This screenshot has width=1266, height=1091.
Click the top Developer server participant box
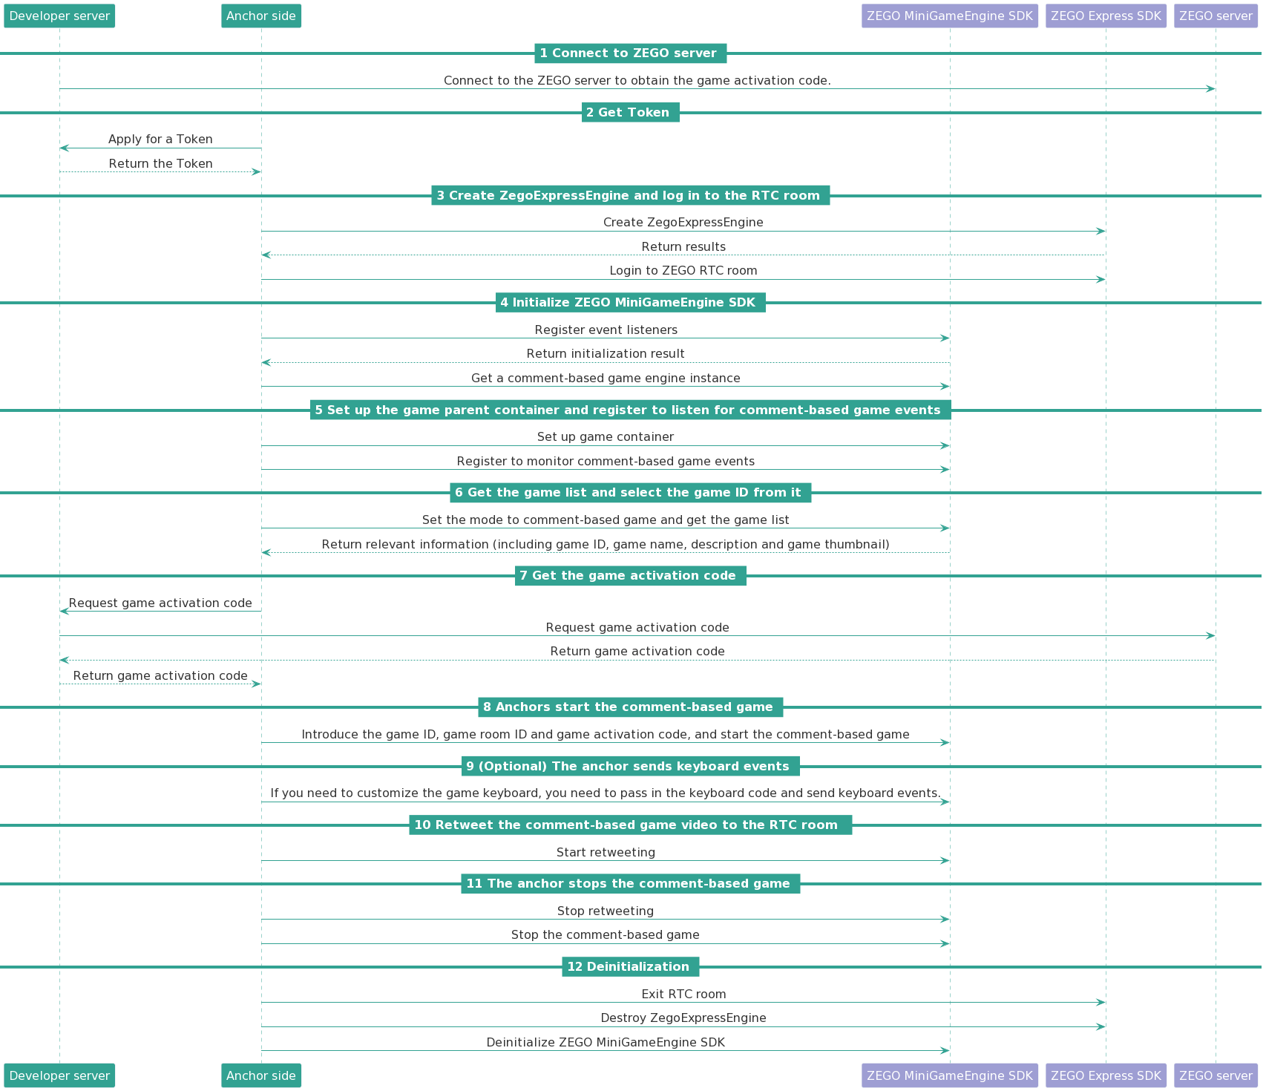tap(59, 16)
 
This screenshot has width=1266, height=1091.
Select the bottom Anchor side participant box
tap(261, 1075)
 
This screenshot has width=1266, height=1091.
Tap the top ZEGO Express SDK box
tap(1106, 16)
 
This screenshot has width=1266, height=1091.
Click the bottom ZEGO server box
tap(1216, 1075)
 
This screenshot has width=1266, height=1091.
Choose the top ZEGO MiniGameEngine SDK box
tap(950, 16)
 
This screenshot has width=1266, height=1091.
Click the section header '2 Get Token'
tap(631, 113)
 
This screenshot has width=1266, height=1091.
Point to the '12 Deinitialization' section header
tap(631, 967)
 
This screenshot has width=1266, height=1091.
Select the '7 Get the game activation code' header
tap(631, 576)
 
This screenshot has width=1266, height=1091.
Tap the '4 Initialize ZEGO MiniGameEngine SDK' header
tap(631, 303)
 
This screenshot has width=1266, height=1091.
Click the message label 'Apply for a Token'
tap(160, 140)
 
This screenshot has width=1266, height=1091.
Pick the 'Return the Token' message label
tap(160, 164)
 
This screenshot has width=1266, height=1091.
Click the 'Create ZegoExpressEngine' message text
tap(683, 223)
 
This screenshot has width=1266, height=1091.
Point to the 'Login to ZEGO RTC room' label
tap(683, 271)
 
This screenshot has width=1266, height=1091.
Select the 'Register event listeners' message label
tap(606, 330)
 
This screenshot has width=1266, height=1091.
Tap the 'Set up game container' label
tap(606, 437)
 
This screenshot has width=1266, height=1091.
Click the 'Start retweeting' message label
tap(606, 853)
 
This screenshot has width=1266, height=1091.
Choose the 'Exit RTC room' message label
tap(683, 995)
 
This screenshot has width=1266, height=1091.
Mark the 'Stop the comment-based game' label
tap(606, 935)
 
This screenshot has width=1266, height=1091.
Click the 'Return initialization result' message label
tap(606, 354)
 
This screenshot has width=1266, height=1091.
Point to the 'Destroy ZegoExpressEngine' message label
tap(683, 1018)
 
